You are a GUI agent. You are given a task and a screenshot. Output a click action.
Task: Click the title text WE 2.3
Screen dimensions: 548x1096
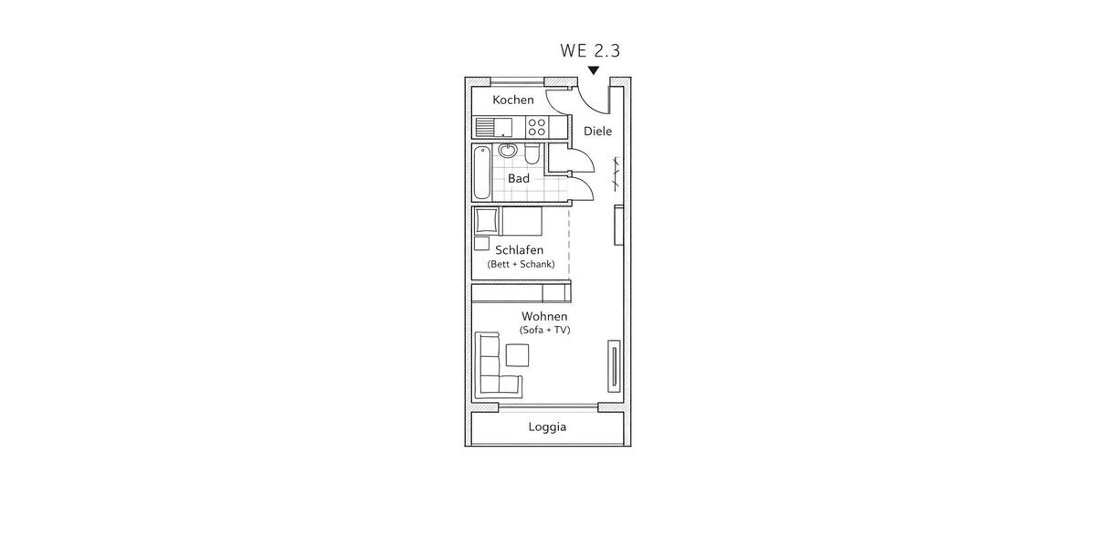click(590, 50)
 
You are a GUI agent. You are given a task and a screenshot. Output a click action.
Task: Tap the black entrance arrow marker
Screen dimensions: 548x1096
click(594, 70)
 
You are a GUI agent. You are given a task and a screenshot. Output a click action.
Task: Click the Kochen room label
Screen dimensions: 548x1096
click(512, 100)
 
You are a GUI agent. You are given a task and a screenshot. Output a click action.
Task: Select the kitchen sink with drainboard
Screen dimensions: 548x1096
click(498, 127)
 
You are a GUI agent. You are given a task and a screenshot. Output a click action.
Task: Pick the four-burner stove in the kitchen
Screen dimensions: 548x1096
click(536, 127)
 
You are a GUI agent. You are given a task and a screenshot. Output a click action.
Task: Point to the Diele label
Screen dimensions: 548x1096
click(597, 132)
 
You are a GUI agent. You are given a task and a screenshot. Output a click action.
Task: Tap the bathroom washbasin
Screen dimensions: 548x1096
click(508, 151)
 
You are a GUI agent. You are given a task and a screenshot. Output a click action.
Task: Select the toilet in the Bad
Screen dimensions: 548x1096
click(532, 153)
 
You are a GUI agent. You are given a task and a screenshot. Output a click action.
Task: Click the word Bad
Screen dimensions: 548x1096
click(519, 178)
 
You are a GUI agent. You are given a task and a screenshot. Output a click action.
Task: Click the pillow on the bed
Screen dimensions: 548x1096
click(485, 221)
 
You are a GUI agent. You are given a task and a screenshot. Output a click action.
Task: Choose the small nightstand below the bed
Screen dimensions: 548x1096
click(481, 243)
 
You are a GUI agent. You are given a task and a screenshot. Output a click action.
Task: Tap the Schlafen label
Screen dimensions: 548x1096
click(520, 249)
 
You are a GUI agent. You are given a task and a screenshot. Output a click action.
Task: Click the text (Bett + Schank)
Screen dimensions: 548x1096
click(521, 264)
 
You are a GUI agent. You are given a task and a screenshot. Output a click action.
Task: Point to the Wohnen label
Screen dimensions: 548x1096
click(544, 316)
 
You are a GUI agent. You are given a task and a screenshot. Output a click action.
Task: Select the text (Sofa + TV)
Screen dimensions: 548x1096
click(544, 330)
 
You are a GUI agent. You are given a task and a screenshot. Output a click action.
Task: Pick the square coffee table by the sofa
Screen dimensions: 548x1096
click(518, 354)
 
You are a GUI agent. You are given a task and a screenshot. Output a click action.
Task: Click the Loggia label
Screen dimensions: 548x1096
click(547, 427)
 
